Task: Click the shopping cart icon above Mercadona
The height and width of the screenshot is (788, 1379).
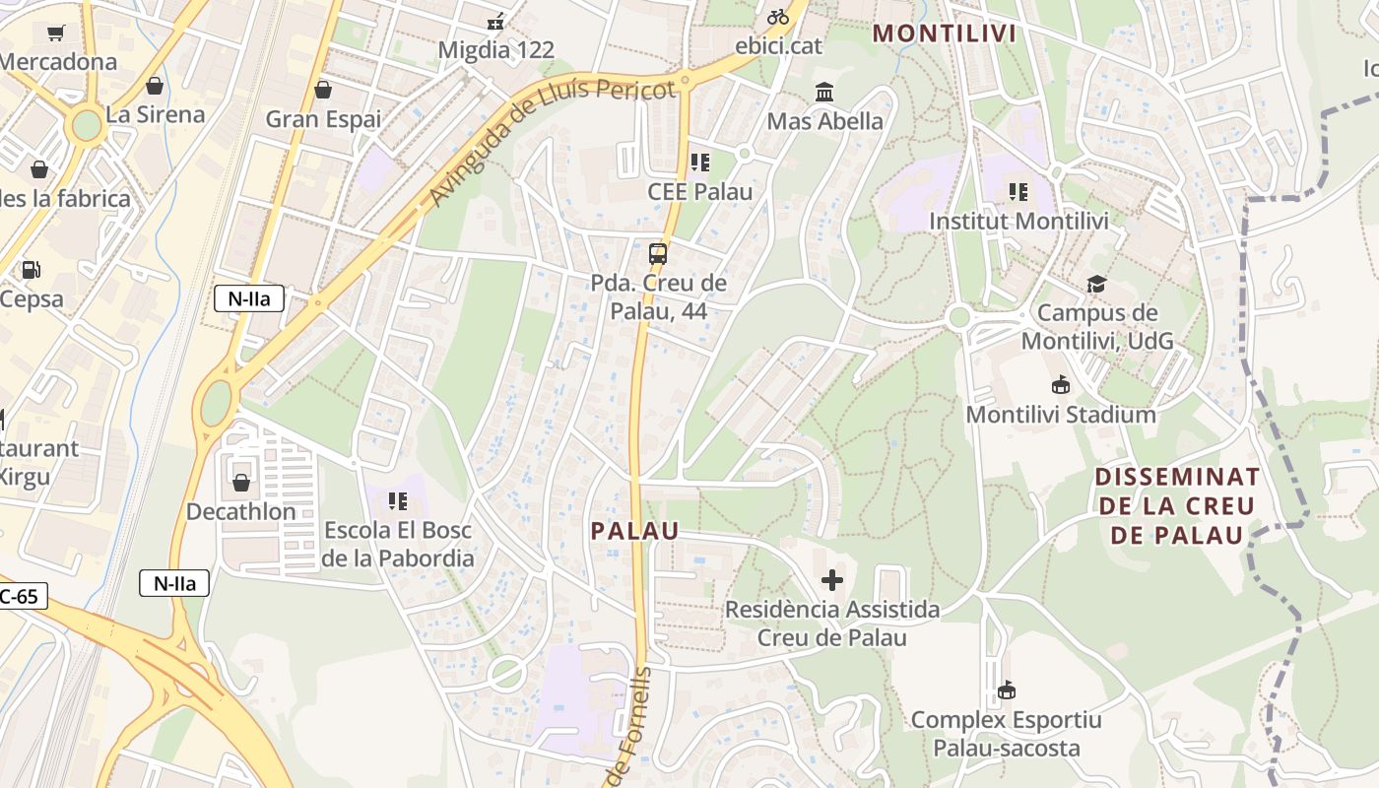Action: [56, 33]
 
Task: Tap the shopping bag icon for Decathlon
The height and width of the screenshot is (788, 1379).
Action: [241, 483]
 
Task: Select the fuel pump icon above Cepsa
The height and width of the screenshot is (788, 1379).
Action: [32, 269]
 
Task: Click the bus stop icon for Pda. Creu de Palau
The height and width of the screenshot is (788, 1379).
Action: [658, 254]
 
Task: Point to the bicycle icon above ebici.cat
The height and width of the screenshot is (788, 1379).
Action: [778, 17]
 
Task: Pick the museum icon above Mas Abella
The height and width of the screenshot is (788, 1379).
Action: [824, 93]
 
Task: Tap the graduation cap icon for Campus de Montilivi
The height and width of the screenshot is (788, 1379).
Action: [1096, 285]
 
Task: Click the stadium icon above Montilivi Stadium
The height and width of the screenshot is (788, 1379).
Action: [1061, 384]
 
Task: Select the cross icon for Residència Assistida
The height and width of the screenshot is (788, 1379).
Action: [832, 579]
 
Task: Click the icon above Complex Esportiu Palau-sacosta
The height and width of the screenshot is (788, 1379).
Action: [1006, 689]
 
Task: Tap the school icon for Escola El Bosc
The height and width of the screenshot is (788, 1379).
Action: [398, 501]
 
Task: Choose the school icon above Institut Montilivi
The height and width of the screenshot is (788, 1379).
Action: [1018, 191]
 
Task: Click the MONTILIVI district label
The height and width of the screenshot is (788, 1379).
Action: [945, 33]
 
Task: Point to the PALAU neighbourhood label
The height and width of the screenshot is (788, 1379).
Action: [635, 531]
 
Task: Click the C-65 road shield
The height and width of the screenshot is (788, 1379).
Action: [20, 596]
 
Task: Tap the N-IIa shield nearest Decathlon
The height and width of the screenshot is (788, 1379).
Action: [174, 583]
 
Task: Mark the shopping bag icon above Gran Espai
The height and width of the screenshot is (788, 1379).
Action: [323, 91]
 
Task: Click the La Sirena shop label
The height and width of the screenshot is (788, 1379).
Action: [156, 114]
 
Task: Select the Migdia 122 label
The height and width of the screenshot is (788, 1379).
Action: [496, 49]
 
